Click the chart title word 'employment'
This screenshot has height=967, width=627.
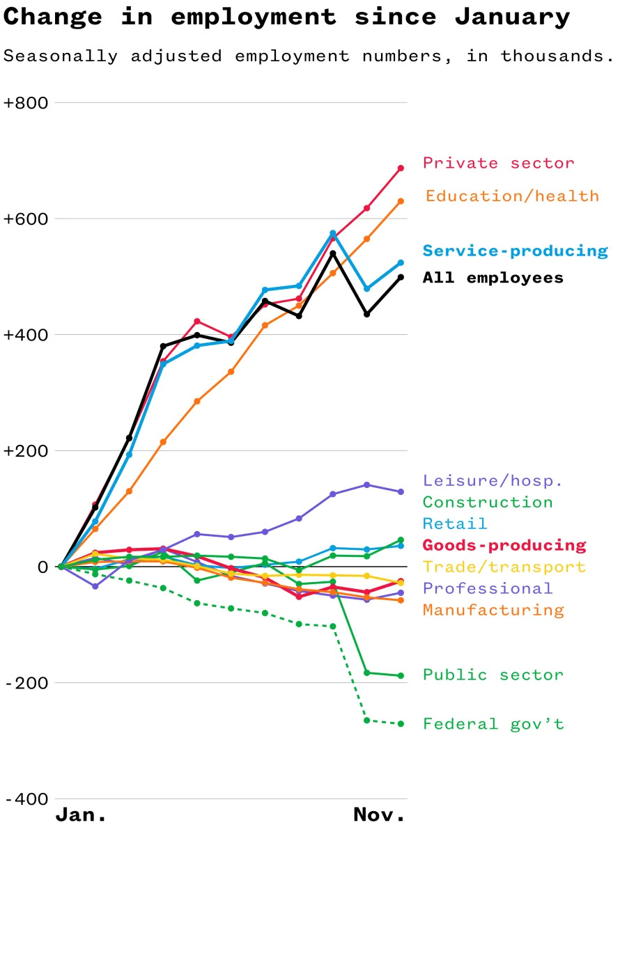click(253, 17)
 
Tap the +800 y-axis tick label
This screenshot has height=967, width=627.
click(26, 103)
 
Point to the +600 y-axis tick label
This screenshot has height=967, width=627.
click(26, 219)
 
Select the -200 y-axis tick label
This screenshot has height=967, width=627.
click(26, 683)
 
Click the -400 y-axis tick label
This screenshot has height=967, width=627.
click(26, 799)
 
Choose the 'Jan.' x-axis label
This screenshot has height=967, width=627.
click(81, 815)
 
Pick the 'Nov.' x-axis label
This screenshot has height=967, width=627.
click(379, 815)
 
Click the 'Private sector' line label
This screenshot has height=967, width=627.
click(498, 163)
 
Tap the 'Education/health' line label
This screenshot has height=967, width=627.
click(512, 196)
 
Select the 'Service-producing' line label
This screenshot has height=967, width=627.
click(515, 251)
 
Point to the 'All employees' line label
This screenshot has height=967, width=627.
click(493, 278)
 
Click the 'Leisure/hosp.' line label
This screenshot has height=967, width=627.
click(493, 480)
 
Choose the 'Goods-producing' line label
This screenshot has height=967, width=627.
click(504, 545)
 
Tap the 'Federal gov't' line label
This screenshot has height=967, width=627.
click(493, 724)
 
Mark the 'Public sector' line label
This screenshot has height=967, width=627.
click(493, 675)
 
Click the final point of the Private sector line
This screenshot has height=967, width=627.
click(401, 168)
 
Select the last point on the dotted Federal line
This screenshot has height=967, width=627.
click(401, 724)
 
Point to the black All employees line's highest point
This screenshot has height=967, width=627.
click(333, 253)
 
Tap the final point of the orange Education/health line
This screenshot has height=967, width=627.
click(401, 201)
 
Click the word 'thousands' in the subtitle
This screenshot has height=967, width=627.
click(557, 56)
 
